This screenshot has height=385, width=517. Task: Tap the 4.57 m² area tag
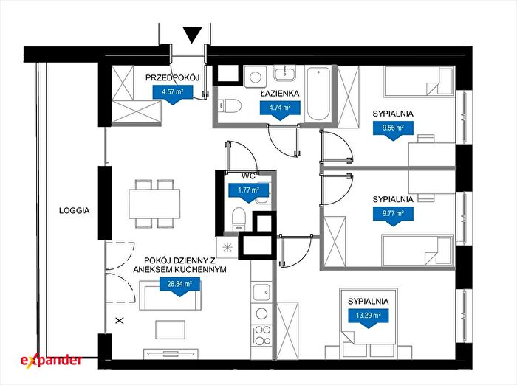(172, 94)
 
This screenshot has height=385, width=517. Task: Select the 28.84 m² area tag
(179, 286)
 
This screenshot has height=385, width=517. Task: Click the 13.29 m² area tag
(369, 318)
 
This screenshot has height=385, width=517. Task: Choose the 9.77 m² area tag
(393, 215)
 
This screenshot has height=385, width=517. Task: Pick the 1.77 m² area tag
(249, 192)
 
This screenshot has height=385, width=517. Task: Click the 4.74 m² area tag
(280, 110)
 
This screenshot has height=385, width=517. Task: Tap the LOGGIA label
(74, 211)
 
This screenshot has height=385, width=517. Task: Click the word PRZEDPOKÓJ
(173, 77)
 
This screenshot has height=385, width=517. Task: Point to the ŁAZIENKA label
(280, 94)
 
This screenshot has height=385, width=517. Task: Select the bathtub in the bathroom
(318, 94)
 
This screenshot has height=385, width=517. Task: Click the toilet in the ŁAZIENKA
(230, 105)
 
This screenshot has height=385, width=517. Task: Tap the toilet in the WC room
(239, 218)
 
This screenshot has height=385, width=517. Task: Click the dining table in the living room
(154, 204)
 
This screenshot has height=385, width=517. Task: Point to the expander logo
(51, 361)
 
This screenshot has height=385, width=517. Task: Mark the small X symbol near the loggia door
(120, 320)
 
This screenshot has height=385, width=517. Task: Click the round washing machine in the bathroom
(256, 77)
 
